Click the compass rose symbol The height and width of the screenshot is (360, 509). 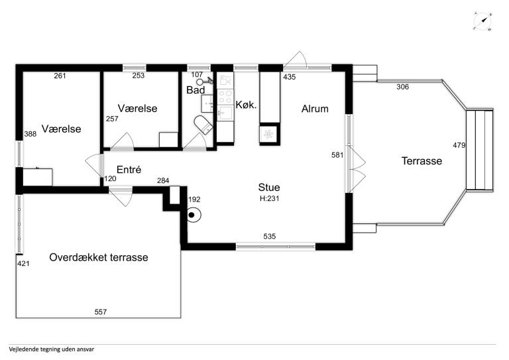click(482, 21)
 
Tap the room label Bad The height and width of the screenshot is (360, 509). click(196, 90)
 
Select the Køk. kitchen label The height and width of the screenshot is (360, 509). click(246, 105)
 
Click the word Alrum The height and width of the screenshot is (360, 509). click(315, 109)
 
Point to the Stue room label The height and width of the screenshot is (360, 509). click(269, 188)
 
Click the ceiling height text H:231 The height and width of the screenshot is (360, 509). click(270, 198)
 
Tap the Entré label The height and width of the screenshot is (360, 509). click(129, 170)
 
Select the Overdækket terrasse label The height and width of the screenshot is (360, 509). click(99, 257)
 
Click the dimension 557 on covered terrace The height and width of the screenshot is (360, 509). click(101, 312)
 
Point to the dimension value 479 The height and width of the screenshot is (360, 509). click(459, 145)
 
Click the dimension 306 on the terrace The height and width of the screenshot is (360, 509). click(402, 87)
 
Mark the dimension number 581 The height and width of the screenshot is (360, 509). click(337, 155)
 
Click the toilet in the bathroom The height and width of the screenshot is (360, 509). click(203, 125)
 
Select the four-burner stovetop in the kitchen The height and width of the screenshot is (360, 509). click(225, 97)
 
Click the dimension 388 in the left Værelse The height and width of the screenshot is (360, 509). click(30, 134)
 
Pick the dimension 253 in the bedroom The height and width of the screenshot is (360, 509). click(139, 76)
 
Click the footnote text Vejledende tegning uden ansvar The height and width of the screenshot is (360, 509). click(52, 349)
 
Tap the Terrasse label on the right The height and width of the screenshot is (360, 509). click(422, 161)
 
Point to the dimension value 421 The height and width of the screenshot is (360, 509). click(23, 264)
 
